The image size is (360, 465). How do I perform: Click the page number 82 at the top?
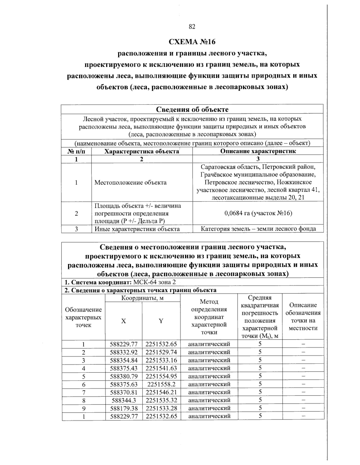click(192, 27)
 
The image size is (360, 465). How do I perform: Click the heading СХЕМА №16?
click(192, 41)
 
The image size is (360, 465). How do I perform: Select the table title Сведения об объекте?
click(192, 109)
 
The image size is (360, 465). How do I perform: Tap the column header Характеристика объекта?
click(142, 151)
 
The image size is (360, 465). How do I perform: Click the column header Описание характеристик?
click(258, 151)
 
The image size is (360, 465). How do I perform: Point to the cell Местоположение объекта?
click(130, 182)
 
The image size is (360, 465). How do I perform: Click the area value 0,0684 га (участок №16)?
click(258, 213)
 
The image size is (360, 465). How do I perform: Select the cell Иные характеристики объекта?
click(137, 229)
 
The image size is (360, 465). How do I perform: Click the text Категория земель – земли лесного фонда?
click(258, 229)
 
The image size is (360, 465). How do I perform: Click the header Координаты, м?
click(142, 298)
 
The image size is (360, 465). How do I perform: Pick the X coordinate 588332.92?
click(124, 352)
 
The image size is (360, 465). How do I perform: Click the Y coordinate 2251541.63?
click(161, 368)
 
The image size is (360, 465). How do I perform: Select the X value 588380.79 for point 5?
click(124, 376)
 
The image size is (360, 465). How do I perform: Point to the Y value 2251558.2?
click(161, 384)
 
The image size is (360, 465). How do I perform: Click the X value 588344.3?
click(124, 400)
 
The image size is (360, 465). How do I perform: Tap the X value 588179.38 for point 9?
click(124, 408)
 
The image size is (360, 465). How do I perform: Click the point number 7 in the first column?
click(83, 392)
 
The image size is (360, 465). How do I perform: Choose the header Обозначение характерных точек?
click(83, 317)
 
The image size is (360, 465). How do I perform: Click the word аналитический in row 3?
click(209, 360)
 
